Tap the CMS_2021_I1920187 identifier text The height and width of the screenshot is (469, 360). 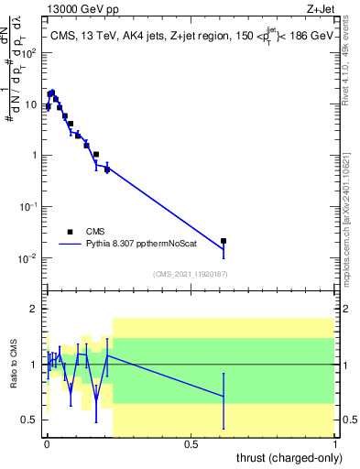(190, 274)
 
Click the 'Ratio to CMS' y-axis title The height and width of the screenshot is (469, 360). (14, 364)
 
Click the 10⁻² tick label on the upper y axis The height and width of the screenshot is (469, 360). (27, 258)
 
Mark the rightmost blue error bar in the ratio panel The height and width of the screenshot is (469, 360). (224, 396)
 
